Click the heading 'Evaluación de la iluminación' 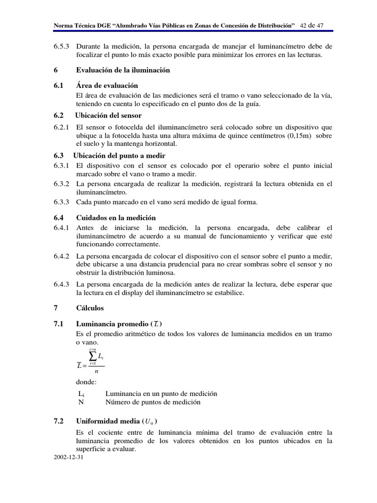tap(123, 70)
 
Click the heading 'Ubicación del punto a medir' tap(119, 155)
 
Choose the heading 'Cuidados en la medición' tap(116, 218)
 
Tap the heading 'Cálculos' tap(90, 308)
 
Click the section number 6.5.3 tap(62, 46)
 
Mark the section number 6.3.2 tap(62, 184)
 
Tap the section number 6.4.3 tap(62, 284)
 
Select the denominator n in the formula tap(96, 371)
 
